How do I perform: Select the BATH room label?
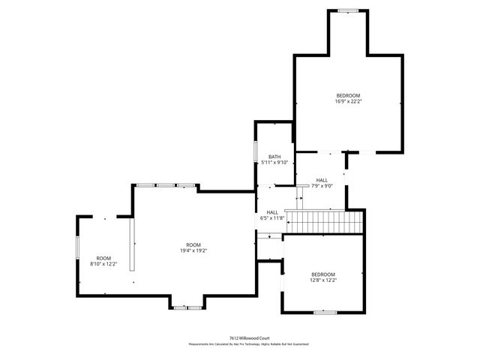274,157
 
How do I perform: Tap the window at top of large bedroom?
347,10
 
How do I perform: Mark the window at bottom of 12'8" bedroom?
324,311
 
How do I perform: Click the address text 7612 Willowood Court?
248,337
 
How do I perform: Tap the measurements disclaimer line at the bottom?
248,344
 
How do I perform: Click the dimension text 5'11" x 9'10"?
274,162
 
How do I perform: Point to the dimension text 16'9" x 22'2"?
348,102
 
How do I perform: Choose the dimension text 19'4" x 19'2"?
193,250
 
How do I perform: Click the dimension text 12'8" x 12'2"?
323,280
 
